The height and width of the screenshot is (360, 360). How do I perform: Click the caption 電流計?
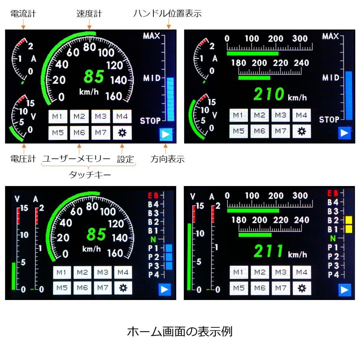(x=23, y=14)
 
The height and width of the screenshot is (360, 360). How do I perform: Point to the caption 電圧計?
(x=23, y=159)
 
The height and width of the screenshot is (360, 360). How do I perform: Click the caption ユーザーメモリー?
(x=76, y=159)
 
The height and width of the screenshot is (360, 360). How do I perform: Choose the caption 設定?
(x=125, y=159)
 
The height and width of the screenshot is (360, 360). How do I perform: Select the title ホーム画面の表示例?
(x=180, y=332)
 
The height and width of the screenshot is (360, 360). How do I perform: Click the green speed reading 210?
(x=269, y=94)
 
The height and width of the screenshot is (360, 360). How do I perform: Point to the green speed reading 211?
(x=269, y=251)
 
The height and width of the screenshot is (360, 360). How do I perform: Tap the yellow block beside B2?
(x=349, y=220)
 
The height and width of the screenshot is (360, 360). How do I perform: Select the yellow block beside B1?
(x=349, y=229)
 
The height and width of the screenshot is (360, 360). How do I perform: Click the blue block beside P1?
(x=169, y=248)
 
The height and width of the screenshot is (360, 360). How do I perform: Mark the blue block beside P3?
(x=169, y=266)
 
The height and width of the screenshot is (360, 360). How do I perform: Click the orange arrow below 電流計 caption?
(x=23, y=24)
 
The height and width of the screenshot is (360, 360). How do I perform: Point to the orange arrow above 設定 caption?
(x=122, y=149)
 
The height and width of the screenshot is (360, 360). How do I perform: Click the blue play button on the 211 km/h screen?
(x=344, y=290)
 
